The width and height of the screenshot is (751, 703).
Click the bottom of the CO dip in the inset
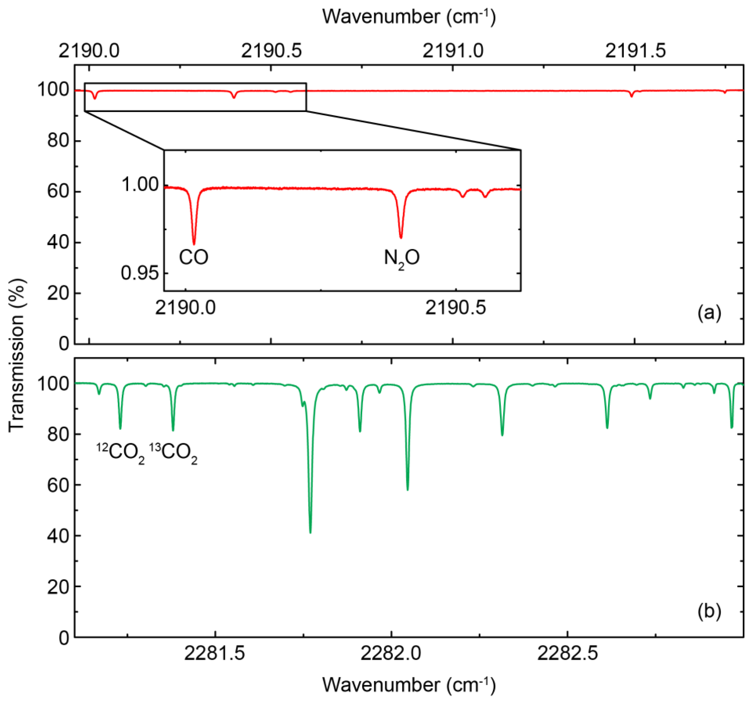194,244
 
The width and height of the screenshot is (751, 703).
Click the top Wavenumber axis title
409,17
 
